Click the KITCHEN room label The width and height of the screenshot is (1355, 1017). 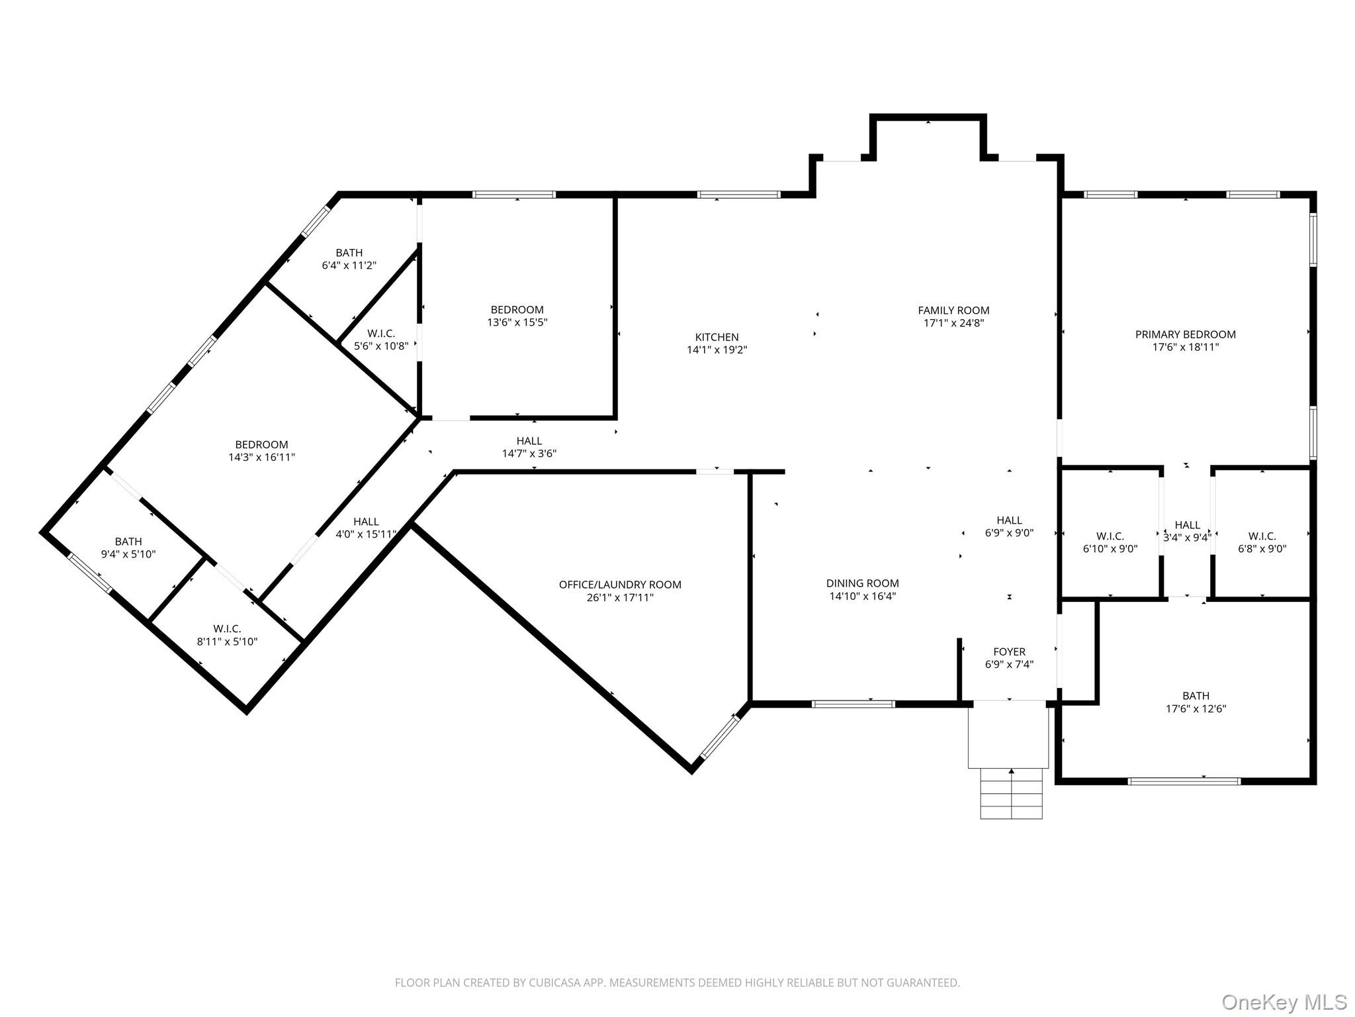point(717,337)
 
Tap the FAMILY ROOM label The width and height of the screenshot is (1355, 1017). point(953,311)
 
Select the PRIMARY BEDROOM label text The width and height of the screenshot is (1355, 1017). point(1186,334)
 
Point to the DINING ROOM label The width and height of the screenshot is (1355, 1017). point(862,583)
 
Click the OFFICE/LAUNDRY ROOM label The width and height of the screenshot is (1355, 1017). point(620,585)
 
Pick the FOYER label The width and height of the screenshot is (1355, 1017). point(1009,652)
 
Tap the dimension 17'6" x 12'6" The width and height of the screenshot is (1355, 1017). point(1196,708)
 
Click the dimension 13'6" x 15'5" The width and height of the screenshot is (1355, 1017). point(517,322)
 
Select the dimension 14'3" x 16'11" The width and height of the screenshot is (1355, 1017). point(261,457)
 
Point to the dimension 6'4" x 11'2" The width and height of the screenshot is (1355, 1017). point(349,266)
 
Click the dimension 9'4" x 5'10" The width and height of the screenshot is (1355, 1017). point(128,554)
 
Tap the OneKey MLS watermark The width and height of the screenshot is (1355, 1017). point(1284,1002)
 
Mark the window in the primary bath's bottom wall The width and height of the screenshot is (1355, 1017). point(1184,781)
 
